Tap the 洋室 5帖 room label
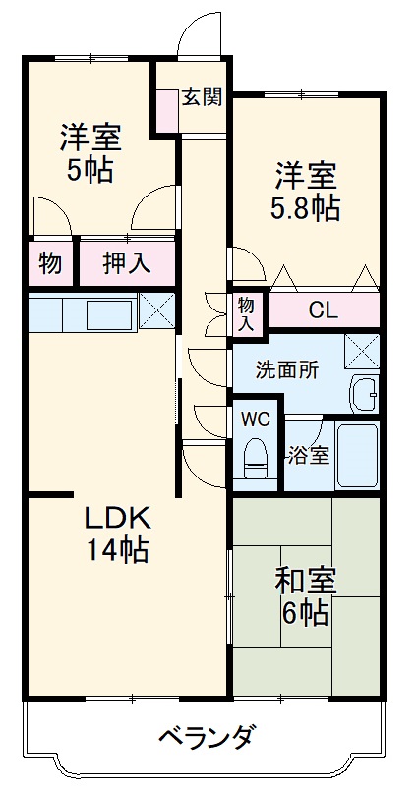point(90,152)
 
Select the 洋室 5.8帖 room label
point(305,193)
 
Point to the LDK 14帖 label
point(115,533)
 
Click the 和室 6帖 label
point(306,596)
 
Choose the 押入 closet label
point(127,263)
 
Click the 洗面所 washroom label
point(287,370)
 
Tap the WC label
point(256,418)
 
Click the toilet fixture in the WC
point(256,454)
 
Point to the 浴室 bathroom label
point(308,457)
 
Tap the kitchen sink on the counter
point(108,314)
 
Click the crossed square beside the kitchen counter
point(156,310)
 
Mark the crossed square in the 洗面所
point(362,351)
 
